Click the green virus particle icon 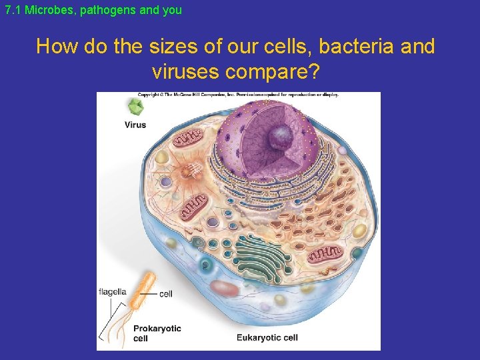click(x=136, y=107)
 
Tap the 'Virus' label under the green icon click(x=135, y=125)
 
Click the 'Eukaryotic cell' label click(x=267, y=337)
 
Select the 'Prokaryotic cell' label click(x=157, y=333)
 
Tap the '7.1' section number click(x=12, y=11)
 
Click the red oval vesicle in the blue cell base click(x=225, y=288)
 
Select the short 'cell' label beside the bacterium click(x=167, y=294)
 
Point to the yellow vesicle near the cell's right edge click(x=359, y=231)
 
